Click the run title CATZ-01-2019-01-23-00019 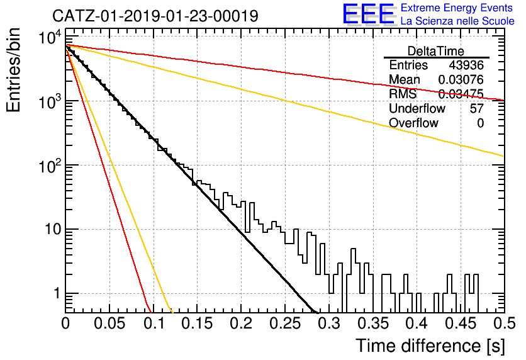tap(155, 16)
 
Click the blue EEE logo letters tap(368, 14)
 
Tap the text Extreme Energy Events tap(457, 8)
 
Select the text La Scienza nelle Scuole tap(457, 21)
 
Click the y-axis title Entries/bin tap(14, 70)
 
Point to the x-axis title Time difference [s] tap(430, 346)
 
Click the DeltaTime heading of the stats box tap(436, 51)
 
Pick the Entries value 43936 tap(466, 65)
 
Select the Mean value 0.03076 tap(461, 79)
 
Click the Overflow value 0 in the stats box tap(480, 123)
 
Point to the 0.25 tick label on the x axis tap(285, 323)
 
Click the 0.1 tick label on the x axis tap(154, 323)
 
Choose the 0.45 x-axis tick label tap(461, 323)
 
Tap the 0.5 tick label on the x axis tap(505, 323)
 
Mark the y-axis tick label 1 tap(57, 293)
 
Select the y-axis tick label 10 tap(53, 230)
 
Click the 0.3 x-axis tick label tap(329, 323)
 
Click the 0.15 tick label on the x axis tap(198, 323)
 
